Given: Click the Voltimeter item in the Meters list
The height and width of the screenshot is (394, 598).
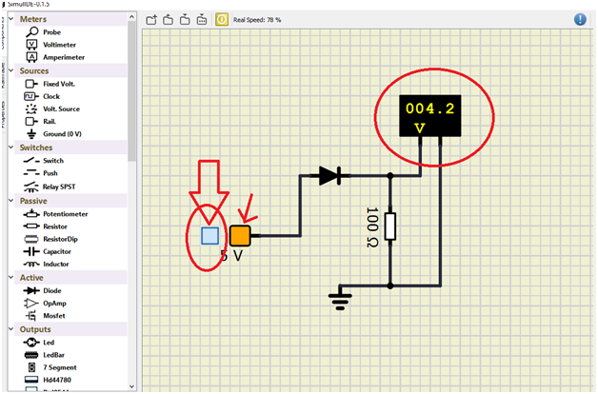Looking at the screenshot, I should (58, 44).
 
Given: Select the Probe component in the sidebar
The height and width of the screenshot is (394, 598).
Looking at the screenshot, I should (51, 31).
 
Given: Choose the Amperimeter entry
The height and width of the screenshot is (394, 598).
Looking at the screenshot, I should (62, 57).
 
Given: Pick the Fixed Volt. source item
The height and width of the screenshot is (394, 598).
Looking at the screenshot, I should (59, 84).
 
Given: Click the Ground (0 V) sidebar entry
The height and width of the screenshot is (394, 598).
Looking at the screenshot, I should (62, 134).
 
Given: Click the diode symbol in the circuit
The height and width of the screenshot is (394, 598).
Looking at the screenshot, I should (329, 175).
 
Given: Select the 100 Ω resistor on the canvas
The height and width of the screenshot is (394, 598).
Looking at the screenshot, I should (391, 227).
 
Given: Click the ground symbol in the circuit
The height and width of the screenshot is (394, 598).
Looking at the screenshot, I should (339, 301).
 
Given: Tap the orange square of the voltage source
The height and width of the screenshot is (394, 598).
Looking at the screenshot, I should (239, 235).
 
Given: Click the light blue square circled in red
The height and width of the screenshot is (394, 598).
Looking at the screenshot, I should (210, 235).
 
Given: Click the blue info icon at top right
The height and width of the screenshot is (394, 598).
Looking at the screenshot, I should (580, 18).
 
